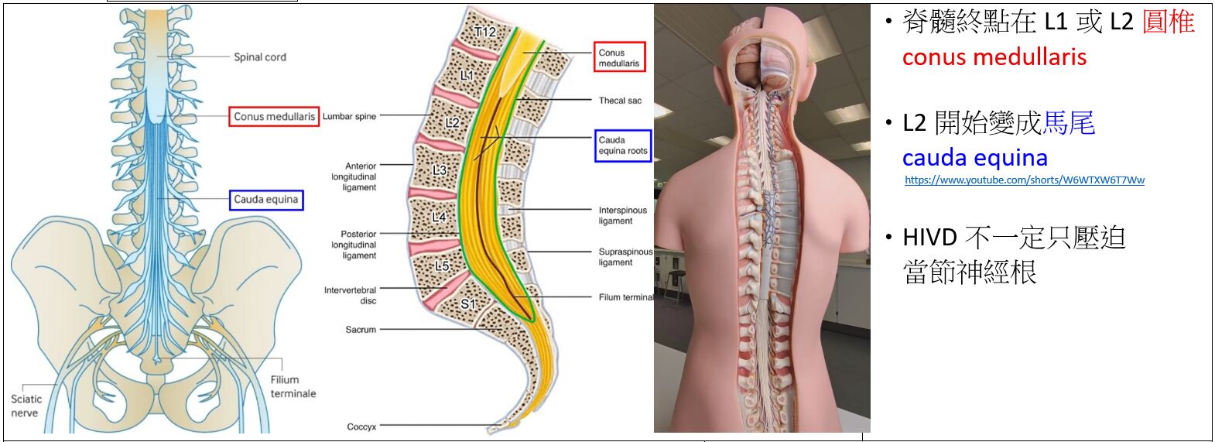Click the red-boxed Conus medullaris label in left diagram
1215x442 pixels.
click(274, 117)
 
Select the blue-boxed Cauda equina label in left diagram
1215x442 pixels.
click(265, 200)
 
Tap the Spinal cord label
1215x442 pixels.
click(260, 57)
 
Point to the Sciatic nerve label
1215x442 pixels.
click(26, 406)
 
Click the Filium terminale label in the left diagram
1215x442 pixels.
click(293, 386)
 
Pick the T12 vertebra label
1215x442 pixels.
click(484, 32)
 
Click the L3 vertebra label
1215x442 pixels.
click(440, 170)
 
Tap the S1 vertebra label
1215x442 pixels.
click(468, 304)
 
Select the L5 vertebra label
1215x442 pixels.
click(442, 266)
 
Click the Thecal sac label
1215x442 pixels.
click(620, 101)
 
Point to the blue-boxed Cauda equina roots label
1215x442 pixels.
click(622, 146)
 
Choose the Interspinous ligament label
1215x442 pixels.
click(622, 215)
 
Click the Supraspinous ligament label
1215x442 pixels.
click(625, 257)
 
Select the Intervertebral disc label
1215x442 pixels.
click(350, 295)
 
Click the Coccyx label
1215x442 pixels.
click(361, 427)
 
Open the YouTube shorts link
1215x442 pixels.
click(1024, 180)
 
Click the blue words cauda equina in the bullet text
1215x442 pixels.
click(974, 158)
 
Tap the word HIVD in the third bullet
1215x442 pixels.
click(929, 238)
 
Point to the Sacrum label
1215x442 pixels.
click(361, 330)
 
